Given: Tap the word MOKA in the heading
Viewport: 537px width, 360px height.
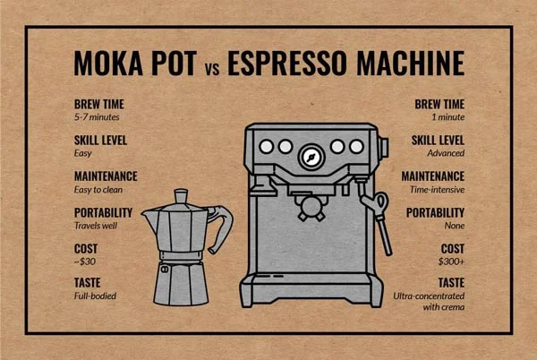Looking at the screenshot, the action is pos(108,63).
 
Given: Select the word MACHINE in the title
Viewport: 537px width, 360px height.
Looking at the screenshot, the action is pos(410,63).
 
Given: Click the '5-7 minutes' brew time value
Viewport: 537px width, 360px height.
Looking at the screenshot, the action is pos(97,117).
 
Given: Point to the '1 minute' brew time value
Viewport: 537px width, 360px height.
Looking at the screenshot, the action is pos(448,117).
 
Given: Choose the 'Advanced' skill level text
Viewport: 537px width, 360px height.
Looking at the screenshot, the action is pos(446,153).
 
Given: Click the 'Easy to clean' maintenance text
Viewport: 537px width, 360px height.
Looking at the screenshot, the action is pos(98,190).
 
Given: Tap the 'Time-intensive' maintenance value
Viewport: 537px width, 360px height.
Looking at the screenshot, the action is pos(437,190).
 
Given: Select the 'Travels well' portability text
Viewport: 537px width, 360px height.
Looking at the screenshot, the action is pos(96,226).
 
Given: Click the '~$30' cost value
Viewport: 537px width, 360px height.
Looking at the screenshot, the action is pos(85,261).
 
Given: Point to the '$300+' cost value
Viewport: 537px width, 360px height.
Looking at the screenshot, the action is pos(451,261).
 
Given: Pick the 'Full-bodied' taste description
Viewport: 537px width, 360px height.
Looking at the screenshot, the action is pos(95,296).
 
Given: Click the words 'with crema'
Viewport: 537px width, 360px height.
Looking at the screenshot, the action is pos(444,307).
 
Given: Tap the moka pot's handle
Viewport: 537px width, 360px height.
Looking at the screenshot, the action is pos(223,226).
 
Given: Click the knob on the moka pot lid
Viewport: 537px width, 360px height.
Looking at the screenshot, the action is pos(181,196).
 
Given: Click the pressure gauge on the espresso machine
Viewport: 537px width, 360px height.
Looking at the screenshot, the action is pos(311,158).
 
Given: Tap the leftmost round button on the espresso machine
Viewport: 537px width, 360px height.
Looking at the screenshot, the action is pos(267,147).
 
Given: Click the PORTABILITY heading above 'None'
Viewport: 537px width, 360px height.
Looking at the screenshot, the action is pos(435,213).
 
